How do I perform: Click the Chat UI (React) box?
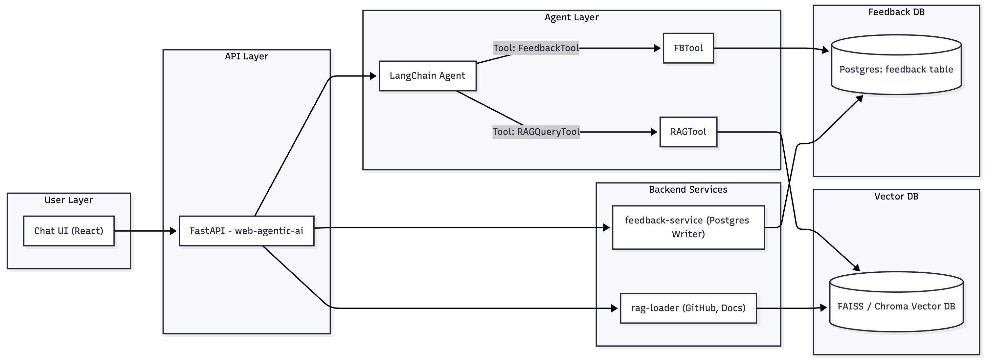click(69, 231)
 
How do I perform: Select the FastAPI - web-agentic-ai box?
click(246, 231)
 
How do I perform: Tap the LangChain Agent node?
click(427, 76)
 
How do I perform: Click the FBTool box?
click(688, 48)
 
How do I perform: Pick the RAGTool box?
click(688, 132)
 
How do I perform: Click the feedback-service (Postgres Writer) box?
click(688, 227)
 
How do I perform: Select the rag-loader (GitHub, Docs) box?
click(688, 308)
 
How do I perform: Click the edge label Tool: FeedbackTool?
click(536, 48)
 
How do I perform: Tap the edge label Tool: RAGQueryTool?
click(536, 132)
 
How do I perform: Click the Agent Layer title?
click(571, 17)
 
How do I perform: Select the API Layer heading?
click(246, 56)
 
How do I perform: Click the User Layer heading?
click(69, 200)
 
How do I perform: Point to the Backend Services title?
click(688, 190)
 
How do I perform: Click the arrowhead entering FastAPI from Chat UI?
click(173, 231)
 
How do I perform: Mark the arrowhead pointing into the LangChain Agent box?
click(373, 76)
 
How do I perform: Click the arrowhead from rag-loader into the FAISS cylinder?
click(823, 307)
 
